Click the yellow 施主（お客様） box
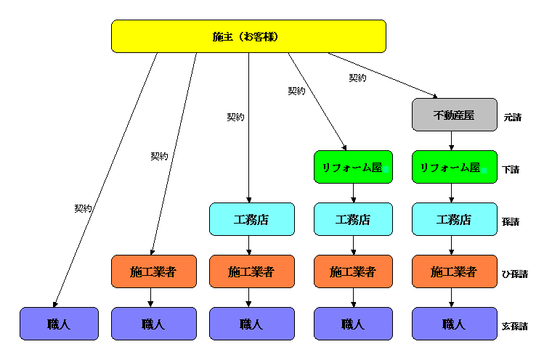[248, 36]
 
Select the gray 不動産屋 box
[455, 115]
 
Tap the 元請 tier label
[512, 117]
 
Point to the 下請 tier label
[511, 169]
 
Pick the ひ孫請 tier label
[514, 274]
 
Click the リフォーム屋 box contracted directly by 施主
[353, 167]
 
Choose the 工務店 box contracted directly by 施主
[251, 219]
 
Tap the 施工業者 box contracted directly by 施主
[153, 271]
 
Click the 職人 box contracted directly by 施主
[59, 324]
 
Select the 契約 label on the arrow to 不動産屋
[357, 78]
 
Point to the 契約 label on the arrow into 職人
[83, 208]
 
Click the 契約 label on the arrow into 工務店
[235, 117]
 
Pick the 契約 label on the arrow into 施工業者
[159, 156]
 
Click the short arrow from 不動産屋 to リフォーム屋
[452, 141]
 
